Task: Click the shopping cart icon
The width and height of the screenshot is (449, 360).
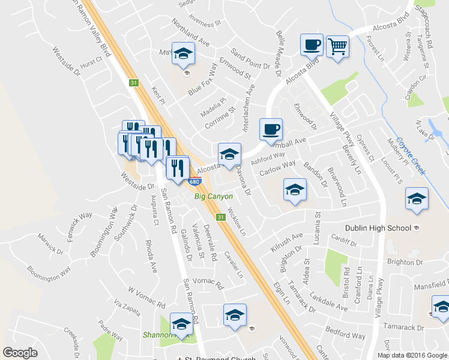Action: tap(337, 46)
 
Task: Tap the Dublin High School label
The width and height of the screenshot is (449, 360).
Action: tap(378, 228)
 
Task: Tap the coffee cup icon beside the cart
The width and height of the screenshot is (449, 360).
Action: tap(312, 45)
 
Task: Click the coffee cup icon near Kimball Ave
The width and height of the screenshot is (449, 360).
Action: tap(271, 129)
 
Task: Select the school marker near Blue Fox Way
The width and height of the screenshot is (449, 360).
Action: tap(183, 53)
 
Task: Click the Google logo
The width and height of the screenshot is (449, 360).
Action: tap(20, 353)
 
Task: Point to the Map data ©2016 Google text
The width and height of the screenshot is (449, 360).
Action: tap(412, 355)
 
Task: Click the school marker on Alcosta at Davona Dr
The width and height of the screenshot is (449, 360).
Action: tap(229, 154)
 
